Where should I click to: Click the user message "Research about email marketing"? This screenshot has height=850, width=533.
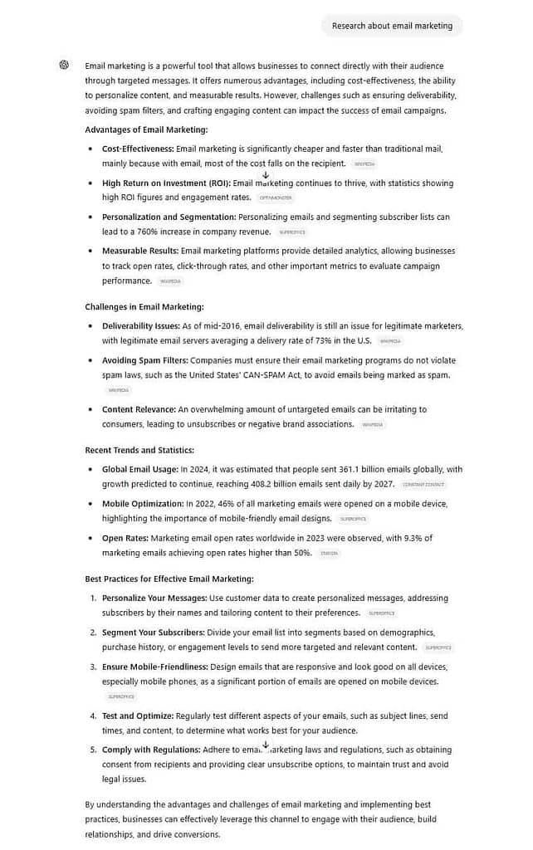(392, 26)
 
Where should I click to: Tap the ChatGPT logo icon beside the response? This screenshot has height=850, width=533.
(64, 65)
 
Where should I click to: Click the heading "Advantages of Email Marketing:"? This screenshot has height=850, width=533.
(146, 129)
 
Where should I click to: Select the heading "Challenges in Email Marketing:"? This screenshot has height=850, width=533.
(144, 307)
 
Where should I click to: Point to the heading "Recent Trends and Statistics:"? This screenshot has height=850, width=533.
(139, 450)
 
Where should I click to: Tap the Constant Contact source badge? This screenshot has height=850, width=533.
(423, 485)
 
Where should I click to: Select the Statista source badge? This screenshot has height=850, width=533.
(329, 553)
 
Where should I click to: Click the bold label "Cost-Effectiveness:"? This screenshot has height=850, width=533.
(138, 149)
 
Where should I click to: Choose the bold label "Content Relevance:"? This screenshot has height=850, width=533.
(139, 409)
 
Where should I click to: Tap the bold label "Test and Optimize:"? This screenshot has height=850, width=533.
(138, 716)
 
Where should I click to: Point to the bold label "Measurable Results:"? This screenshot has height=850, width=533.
(139, 250)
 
